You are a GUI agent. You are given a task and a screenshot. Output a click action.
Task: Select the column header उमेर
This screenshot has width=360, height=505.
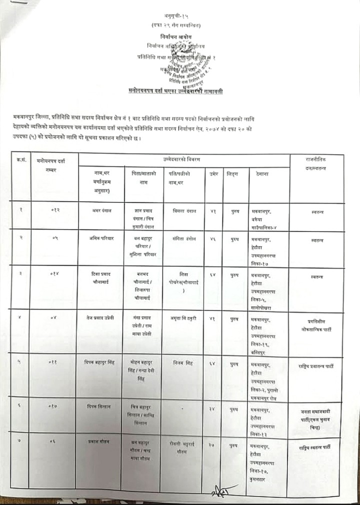coord(212,173)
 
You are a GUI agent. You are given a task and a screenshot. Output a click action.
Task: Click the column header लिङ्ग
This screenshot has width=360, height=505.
coord(232,173)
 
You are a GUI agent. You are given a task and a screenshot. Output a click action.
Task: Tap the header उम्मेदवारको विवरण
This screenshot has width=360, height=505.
coord(184,159)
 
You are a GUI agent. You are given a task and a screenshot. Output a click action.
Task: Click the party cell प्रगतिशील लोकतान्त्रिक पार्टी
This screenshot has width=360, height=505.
coord(317,325)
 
